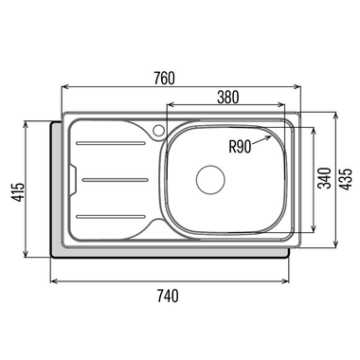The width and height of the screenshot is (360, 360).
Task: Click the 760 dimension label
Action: [x=164, y=79]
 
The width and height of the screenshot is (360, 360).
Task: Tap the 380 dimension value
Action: [x=228, y=97]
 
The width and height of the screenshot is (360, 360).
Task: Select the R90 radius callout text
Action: [x=240, y=147]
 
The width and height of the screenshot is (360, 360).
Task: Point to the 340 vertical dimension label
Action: [x=325, y=178]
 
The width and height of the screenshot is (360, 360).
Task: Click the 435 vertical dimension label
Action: [x=346, y=179]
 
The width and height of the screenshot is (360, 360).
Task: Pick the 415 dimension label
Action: [x=18, y=191]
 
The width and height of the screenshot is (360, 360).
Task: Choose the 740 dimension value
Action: [x=168, y=296]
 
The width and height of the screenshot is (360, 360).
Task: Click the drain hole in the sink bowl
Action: [x=210, y=180]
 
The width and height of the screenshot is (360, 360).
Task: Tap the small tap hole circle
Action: [x=158, y=130]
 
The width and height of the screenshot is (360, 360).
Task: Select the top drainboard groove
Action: [x=111, y=143]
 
